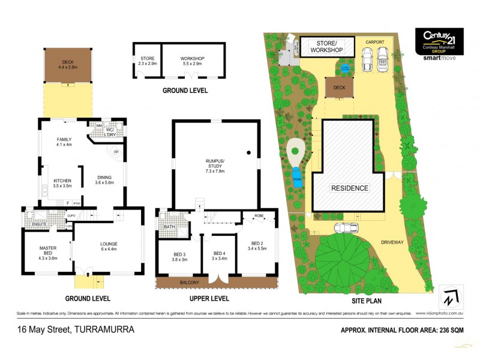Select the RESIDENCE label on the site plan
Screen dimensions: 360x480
click(x=350, y=188)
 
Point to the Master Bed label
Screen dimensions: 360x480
click(x=48, y=252)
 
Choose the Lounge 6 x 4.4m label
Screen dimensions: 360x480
click(x=109, y=247)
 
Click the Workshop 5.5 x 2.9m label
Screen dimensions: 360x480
click(x=193, y=61)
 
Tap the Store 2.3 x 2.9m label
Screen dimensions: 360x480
click(x=147, y=61)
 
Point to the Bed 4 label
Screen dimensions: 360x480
click(x=219, y=256)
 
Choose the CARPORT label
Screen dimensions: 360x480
click(x=377, y=42)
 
